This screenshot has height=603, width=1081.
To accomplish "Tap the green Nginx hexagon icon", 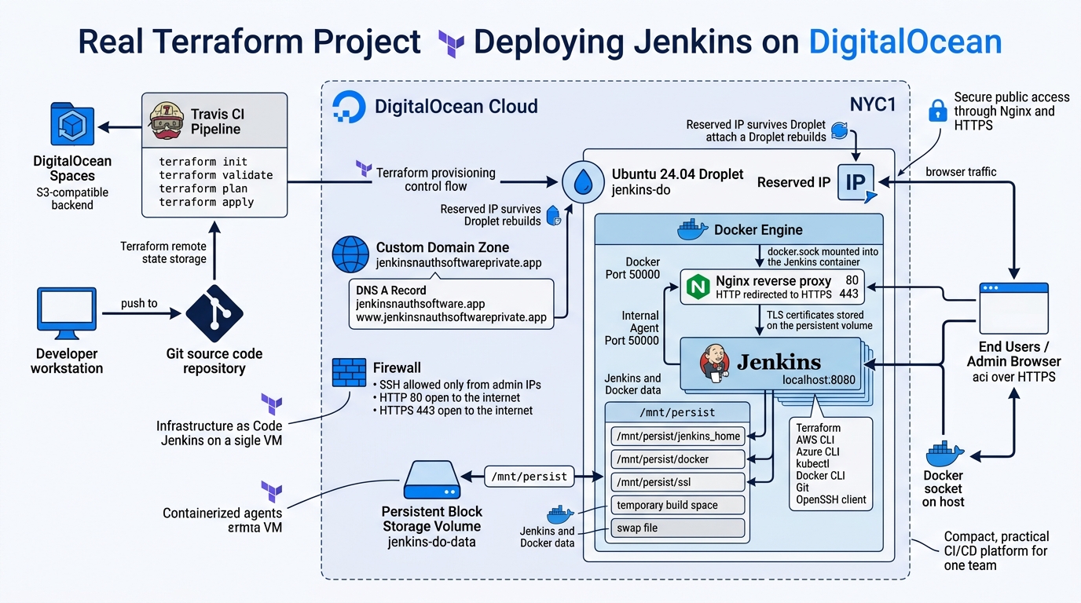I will pos(698,287).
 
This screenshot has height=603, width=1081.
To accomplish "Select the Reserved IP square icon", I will pos(856,183).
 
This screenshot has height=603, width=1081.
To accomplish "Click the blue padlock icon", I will pos(936,110).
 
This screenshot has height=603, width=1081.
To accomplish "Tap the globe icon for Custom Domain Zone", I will pos(350,255).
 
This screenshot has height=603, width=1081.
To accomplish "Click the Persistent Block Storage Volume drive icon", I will pos(431,480).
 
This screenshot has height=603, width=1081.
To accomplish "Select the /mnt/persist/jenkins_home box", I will pos(677,436).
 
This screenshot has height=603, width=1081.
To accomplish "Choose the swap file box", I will pos(677,528).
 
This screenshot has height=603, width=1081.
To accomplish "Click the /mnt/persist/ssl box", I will pos(677,482).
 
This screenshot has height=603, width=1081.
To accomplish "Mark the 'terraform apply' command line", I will pos(206,202).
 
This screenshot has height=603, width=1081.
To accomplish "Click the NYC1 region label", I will pos(872,104).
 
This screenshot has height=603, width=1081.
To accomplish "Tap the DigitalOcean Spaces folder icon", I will pos(72,125).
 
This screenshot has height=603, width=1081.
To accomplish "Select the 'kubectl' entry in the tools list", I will pos(812,464).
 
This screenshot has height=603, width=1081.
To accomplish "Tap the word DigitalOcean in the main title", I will pos(905,42).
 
